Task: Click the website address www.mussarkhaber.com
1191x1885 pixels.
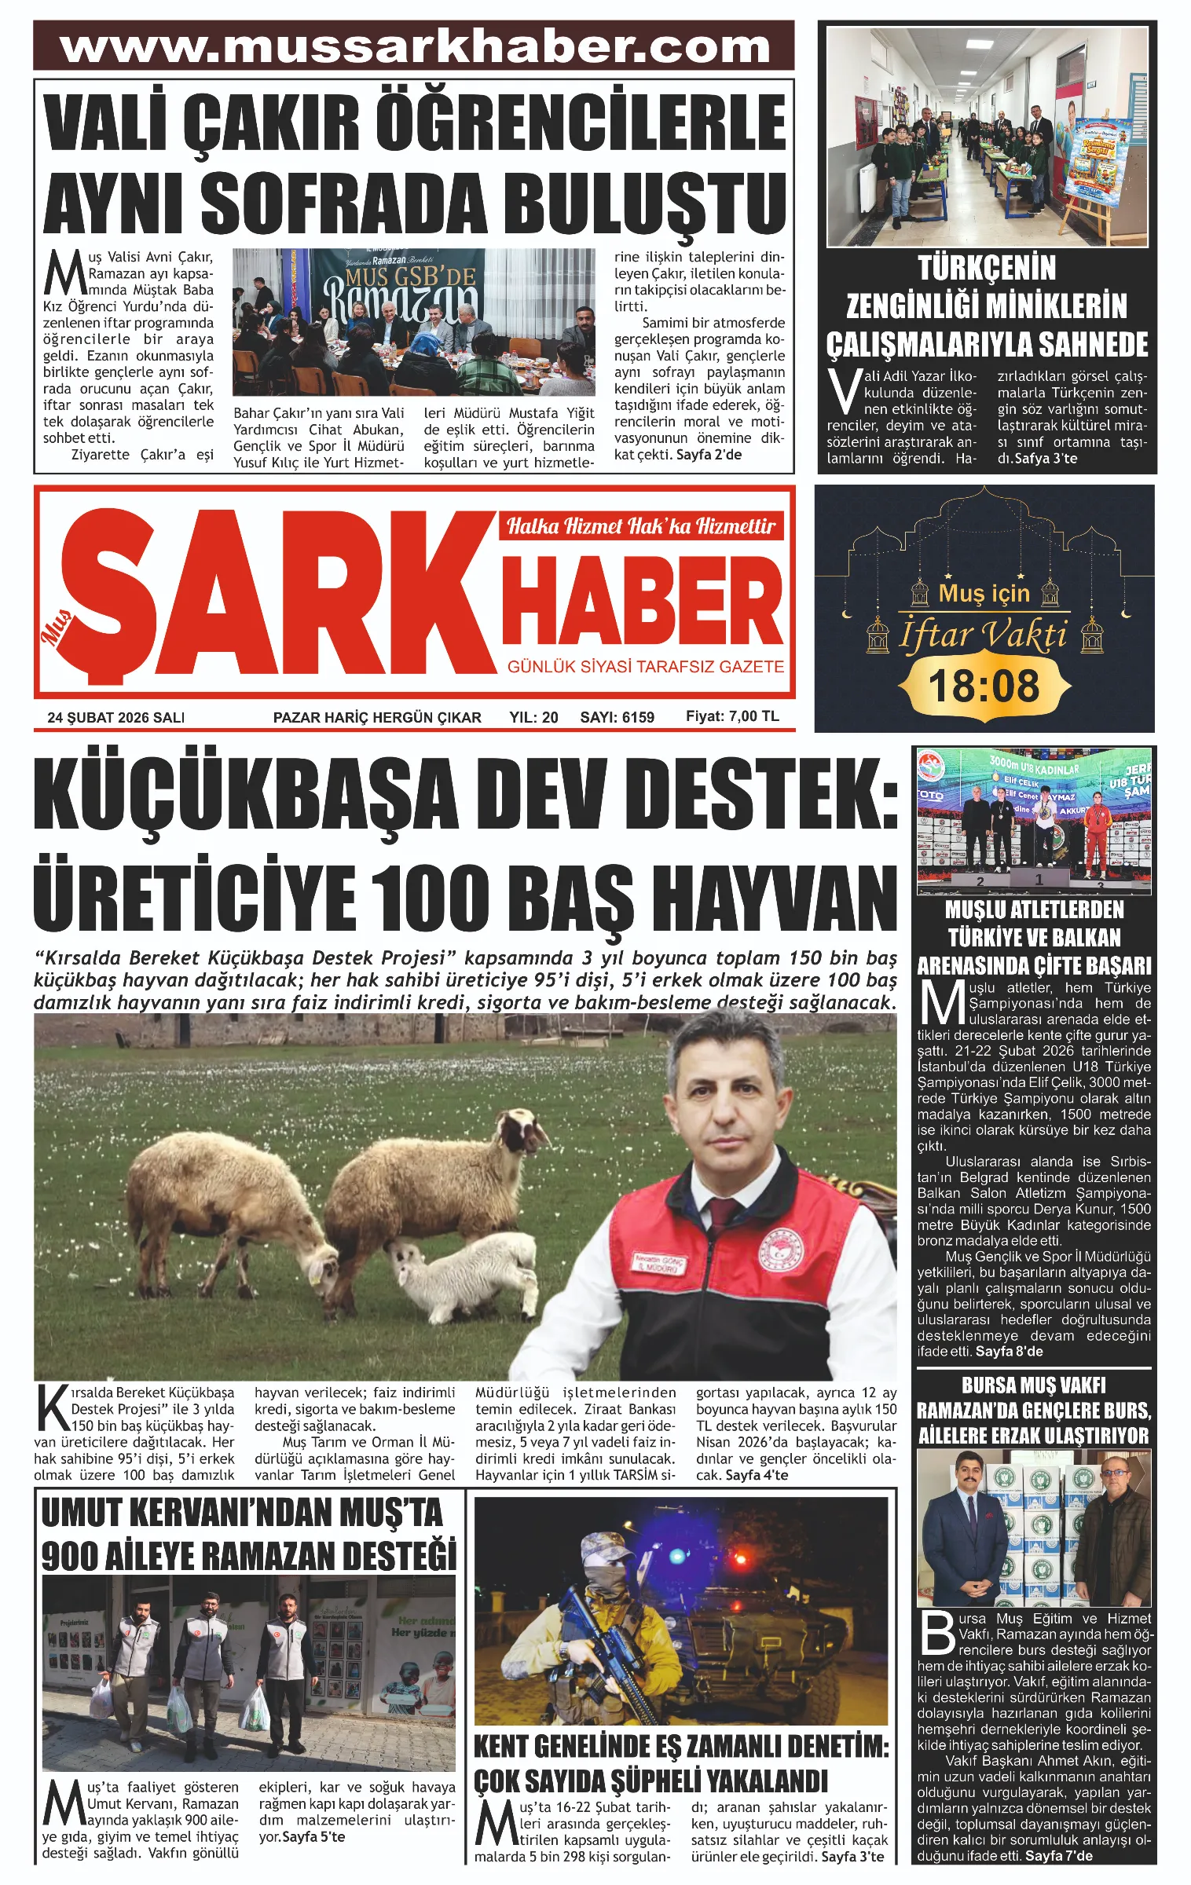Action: [414, 46]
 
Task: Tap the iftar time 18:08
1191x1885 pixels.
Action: [984, 686]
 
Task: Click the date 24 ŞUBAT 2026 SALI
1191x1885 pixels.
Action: [116, 717]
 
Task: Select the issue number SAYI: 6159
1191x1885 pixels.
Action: [617, 717]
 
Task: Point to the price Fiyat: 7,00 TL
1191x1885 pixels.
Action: [732, 716]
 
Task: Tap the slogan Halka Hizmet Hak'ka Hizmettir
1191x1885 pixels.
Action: [640, 525]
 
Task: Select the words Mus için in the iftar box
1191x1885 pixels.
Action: [984, 593]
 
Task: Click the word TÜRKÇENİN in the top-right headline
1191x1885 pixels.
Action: [987, 269]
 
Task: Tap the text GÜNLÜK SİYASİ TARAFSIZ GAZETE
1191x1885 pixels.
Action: [645, 667]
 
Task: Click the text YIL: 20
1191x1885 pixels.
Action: [533, 717]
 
